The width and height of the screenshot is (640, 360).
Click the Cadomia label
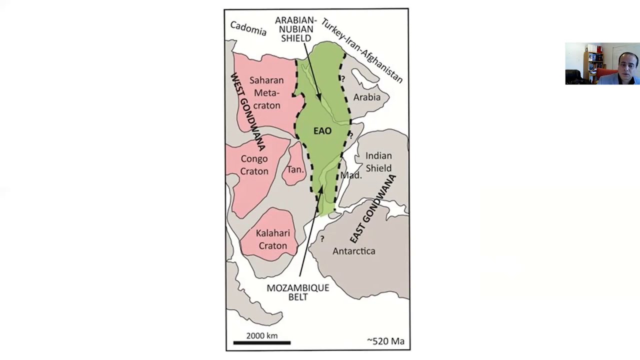pyautogui.click(x=248, y=28)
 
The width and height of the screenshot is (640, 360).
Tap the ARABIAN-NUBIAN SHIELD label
pyautogui.click(x=296, y=29)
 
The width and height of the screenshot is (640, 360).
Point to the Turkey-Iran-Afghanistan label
pyautogui.click(x=361, y=50)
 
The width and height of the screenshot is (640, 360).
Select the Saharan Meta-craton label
pyautogui.click(x=266, y=93)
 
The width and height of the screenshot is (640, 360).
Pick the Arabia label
pyautogui.click(x=366, y=97)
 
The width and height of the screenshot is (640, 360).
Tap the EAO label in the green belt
pyautogui.click(x=322, y=131)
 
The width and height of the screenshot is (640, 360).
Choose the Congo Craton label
pyautogui.click(x=254, y=165)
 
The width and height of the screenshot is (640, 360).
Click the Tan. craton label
pyautogui.click(x=295, y=169)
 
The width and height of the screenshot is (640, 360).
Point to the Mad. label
pyautogui.click(x=350, y=175)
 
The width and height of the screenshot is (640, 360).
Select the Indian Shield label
pyautogui.click(x=378, y=162)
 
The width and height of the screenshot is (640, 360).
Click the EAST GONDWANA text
pyautogui.click(x=372, y=209)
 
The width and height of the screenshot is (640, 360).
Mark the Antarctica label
pyautogui.click(x=353, y=251)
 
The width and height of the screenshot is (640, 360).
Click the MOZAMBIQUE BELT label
pyautogui.click(x=297, y=292)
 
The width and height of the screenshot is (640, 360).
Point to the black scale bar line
pyautogui.click(x=262, y=343)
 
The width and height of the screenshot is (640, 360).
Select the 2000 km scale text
pyautogui.click(x=261, y=335)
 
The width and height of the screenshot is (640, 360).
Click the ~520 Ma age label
pyautogui.click(x=385, y=341)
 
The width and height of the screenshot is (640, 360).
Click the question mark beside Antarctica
pyautogui.click(x=322, y=238)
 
